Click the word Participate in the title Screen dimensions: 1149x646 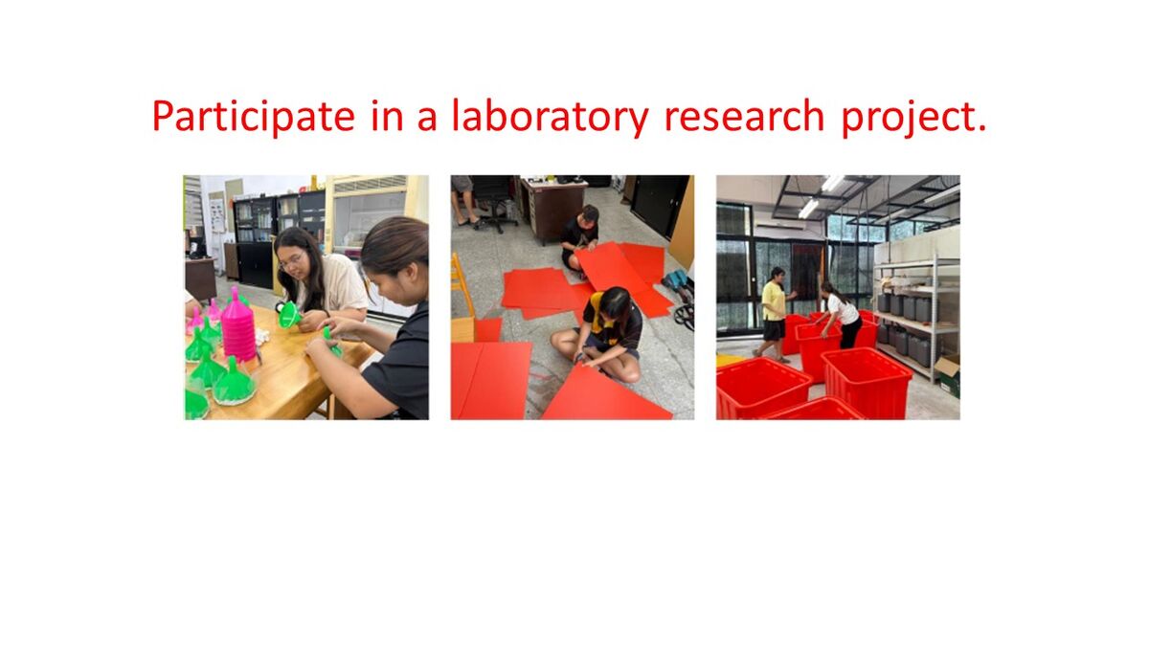click(254, 117)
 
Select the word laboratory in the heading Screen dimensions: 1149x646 click(550, 117)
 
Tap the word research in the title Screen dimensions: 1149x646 click(744, 116)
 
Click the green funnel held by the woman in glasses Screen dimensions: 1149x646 click(289, 314)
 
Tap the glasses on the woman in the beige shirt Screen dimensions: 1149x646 click(291, 260)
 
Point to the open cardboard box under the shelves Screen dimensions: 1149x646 click(947, 374)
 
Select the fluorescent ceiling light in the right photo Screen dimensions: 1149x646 click(808, 209)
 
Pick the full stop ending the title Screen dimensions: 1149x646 click(981, 129)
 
